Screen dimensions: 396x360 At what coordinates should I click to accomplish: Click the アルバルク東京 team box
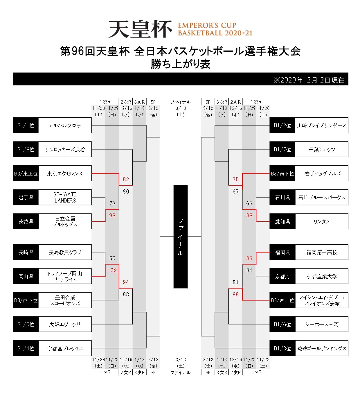pos(65,126)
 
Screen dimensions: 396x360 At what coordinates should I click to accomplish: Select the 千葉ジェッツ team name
pos(321,149)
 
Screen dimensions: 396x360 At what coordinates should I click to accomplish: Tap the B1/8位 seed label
pos(26,149)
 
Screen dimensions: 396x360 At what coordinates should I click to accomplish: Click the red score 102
pos(112,270)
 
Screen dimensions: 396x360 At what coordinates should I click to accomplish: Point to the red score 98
pos(112,215)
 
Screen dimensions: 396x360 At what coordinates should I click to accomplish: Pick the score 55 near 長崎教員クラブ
pos(112,258)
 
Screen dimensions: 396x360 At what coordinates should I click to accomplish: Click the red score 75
pos(235,179)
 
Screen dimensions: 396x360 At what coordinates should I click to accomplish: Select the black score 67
pos(235,191)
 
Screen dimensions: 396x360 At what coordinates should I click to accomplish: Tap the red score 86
pos(249,258)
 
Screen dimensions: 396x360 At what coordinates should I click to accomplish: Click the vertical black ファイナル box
pos(180,236)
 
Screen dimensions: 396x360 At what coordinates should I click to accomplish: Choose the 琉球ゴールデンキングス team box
pos(321,348)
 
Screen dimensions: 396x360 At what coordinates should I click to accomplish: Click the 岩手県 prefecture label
pos(26,198)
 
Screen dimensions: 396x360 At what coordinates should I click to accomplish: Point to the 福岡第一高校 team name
pos(321,252)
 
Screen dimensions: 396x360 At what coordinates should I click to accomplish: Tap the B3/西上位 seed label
pos(282,300)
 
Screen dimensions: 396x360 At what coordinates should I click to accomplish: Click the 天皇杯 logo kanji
pos(140,29)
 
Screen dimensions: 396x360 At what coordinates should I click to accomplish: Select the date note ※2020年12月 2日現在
pos(309,80)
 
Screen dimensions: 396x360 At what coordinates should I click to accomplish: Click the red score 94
pos(126,282)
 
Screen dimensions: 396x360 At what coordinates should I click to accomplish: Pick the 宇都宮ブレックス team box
pos(65,348)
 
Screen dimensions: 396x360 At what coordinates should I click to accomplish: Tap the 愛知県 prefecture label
pos(282,221)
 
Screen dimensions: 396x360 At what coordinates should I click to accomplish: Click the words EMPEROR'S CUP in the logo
pos(207,25)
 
